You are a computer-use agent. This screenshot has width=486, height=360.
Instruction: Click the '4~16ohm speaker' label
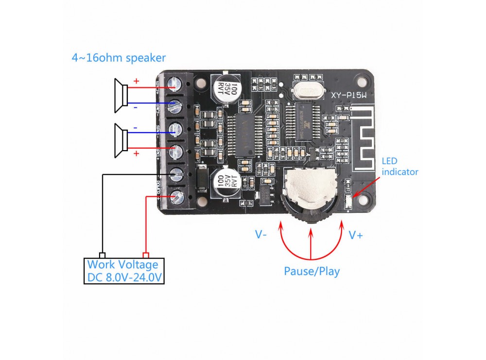click(119, 58)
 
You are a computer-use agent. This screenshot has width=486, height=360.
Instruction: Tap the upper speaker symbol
click(120, 92)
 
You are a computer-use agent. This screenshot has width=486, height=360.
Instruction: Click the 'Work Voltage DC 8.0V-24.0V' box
click(123, 271)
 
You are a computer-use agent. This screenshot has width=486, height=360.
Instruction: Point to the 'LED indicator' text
click(399, 166)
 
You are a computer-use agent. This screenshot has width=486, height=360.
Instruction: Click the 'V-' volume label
click(261, 235)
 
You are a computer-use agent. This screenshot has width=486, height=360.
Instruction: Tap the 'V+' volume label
click(355, 235)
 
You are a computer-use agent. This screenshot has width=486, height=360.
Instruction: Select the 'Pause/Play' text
click(312, 271)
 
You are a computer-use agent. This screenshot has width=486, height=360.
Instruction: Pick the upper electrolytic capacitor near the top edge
click(226, 88)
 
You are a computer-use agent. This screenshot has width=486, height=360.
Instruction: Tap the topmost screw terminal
click(175, 84)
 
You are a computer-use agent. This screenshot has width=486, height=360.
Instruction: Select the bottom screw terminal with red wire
click(176, 196)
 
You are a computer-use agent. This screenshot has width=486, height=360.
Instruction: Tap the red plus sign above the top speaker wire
click(136, 81)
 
